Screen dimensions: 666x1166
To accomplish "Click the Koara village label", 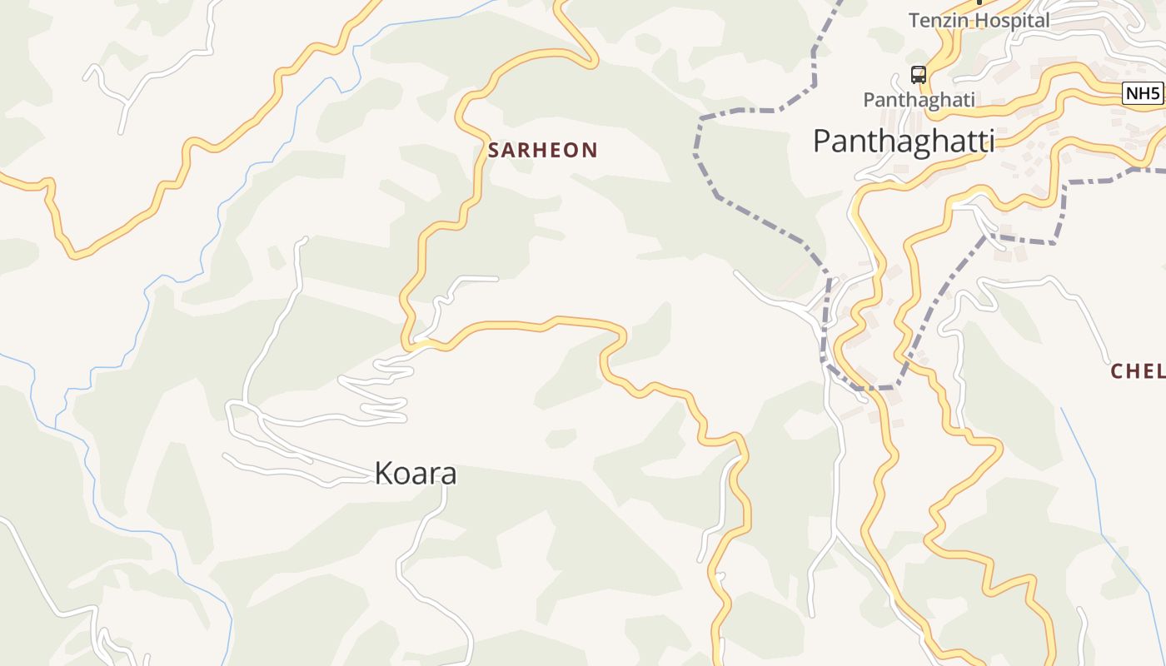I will pyautogui.click(x=416, y=474).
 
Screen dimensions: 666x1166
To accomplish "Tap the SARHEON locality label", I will pyautogui.click(x=543, y=151).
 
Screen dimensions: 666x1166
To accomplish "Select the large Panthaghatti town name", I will pyautogui.click(x=904, y=142).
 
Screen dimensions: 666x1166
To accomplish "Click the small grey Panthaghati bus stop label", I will pyautogui.click(x=919, y=100).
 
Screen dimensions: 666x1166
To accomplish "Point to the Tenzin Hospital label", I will pyautogui.click(x=979, y=21).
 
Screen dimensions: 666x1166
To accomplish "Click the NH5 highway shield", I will pyautogui.click(x=1142, y=93).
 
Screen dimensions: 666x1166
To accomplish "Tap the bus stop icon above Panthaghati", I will pyautogui.click(x=918, y=75).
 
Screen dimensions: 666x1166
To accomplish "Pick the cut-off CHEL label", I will pyautogui.click(x=1138, y=371).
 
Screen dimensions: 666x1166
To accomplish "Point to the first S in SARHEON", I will pyautogui.click(x=494, y=151).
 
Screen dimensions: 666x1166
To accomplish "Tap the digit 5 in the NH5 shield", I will pyautogui.click(x=1154, y=93).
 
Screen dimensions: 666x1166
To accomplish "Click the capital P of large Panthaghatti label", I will pyautogui.click(x=821, y=142).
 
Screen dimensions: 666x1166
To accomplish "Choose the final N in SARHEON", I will pyautogui.click(x=590, y=151).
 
